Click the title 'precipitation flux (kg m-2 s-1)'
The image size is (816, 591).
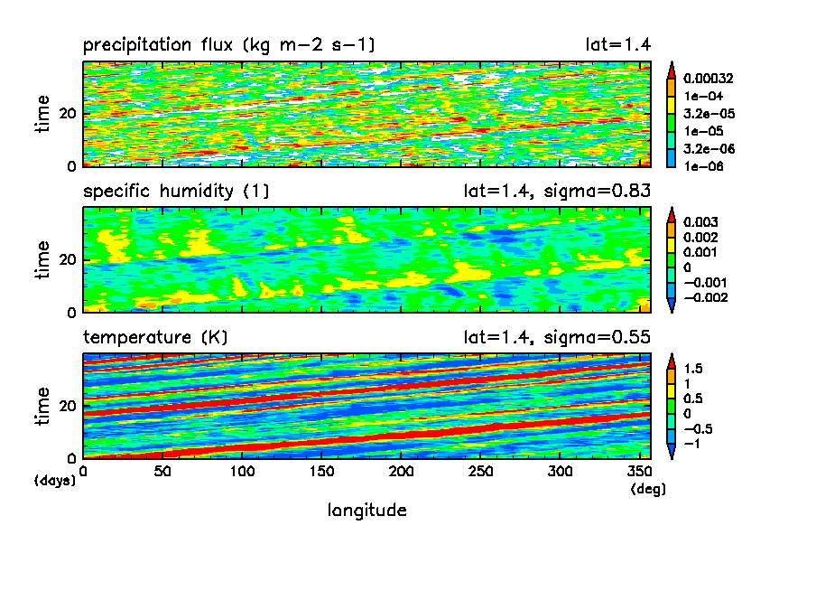pyautogui.click(x=229, y=45)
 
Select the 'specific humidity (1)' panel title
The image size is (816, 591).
pyautogui.click(x=176, y=192)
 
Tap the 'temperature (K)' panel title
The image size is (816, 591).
pyautogui.click(x=155, y=338)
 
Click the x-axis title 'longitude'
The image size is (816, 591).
pyautogui.click(x=366, y=511)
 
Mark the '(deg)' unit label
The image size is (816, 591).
pyautogui.click(x=642, y=488)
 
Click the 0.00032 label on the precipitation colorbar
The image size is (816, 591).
pyautogui.click(x=709, y=79)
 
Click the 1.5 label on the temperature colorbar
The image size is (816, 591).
pyautogui.click(x=695, y=369)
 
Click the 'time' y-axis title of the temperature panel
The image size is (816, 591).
pyautogui.click(x=42, y=405)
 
